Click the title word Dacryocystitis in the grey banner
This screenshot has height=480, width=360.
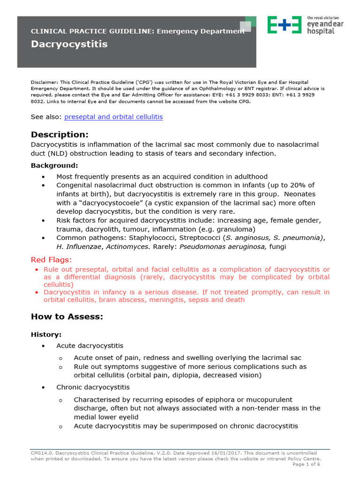[69, 45]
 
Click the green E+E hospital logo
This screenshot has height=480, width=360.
[284, 24]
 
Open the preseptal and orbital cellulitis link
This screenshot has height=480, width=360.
[113, 117]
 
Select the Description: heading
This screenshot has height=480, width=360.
[60, 135]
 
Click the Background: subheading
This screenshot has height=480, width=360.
[54, 165]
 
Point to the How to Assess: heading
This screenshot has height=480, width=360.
[67, 317]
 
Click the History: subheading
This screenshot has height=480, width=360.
[46, 334]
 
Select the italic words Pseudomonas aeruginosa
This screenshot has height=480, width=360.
[216, 247]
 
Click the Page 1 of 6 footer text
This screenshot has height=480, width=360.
[306, 464]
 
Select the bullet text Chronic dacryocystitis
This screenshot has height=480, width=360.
[93, 387]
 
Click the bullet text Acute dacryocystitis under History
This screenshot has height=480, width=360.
[90, 345]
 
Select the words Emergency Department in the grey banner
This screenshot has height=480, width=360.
[201, 31]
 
